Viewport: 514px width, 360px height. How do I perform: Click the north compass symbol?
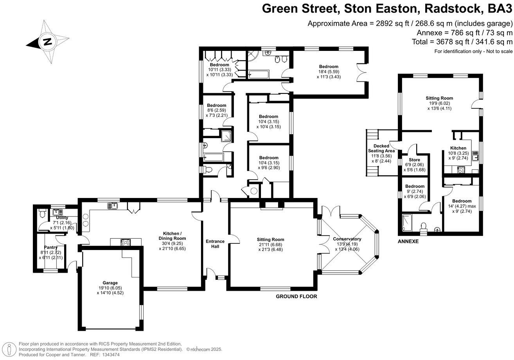pos(47,42)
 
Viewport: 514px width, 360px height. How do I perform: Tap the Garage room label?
pos(110,283)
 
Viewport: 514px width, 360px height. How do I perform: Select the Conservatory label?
pos(347,239)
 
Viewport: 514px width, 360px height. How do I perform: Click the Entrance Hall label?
pos(215,244)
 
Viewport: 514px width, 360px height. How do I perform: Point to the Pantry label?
pos(51,247)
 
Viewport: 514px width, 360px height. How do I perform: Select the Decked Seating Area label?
pos(379,148)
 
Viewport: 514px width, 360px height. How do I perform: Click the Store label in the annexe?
pos(414,160)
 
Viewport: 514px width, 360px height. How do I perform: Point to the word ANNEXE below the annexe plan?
pos(408,241)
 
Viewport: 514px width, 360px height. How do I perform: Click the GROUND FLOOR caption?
pos(296,297)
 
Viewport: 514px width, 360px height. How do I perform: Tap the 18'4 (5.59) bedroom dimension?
pos(328,72)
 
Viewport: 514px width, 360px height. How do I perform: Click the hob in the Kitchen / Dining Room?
pos(126,242)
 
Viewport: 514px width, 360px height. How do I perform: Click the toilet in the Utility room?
pos(43,214)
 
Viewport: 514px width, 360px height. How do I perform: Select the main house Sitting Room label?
pos(270,239)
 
